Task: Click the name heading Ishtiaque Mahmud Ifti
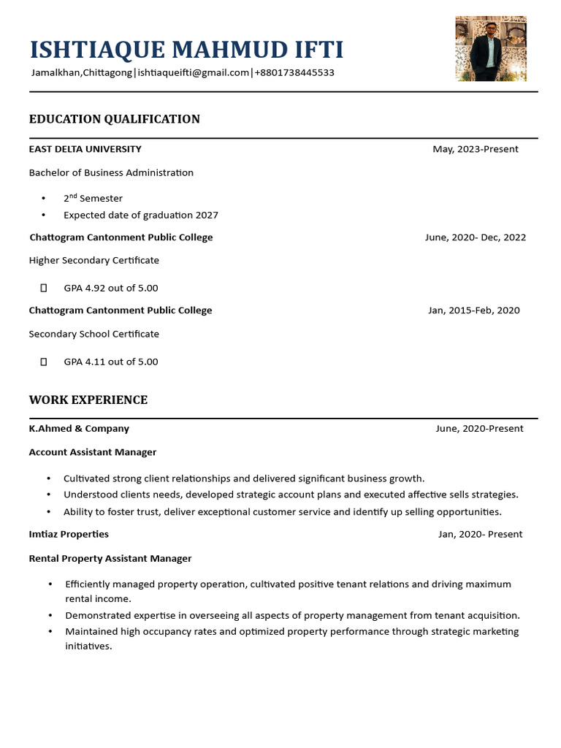pos(186,50)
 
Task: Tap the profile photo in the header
pos(490,48)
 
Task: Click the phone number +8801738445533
pos(294,72)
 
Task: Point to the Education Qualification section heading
pos(114,119)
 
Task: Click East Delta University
pos(85,149)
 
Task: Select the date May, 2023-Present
pos(476,149)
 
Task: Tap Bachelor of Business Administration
pos(111,173)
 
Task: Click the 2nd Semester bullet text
pos(93,198)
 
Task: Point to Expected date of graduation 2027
pos(141,215)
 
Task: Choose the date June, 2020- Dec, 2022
pos(476,237)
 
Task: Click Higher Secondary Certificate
pos(93,261)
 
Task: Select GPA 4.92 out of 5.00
pos(111,288)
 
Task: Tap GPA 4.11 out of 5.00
pos(111,362)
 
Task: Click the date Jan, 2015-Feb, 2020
pos(474,310)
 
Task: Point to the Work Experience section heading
pos(88,400)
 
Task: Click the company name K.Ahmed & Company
pos(79,429)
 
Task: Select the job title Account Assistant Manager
pos(93,452)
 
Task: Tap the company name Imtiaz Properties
pos(69,534)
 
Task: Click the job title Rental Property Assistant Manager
pos(110,559)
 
